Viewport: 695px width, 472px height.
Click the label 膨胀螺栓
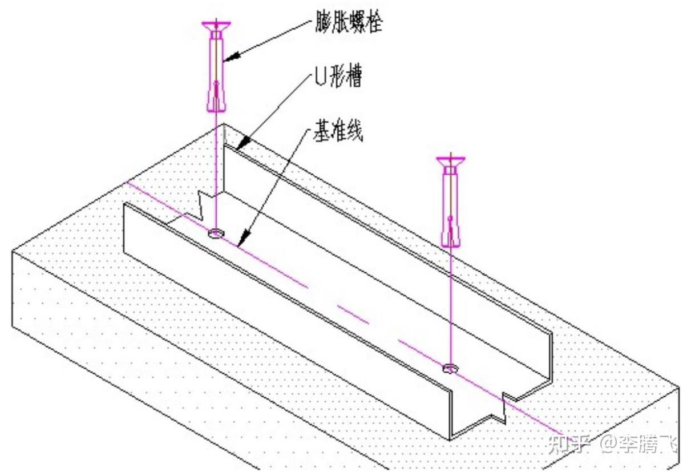(x=347, y=23)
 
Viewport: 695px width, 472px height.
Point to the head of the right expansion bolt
(x=451, y=160)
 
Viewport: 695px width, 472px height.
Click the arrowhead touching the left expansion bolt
(x=228, y=57)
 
